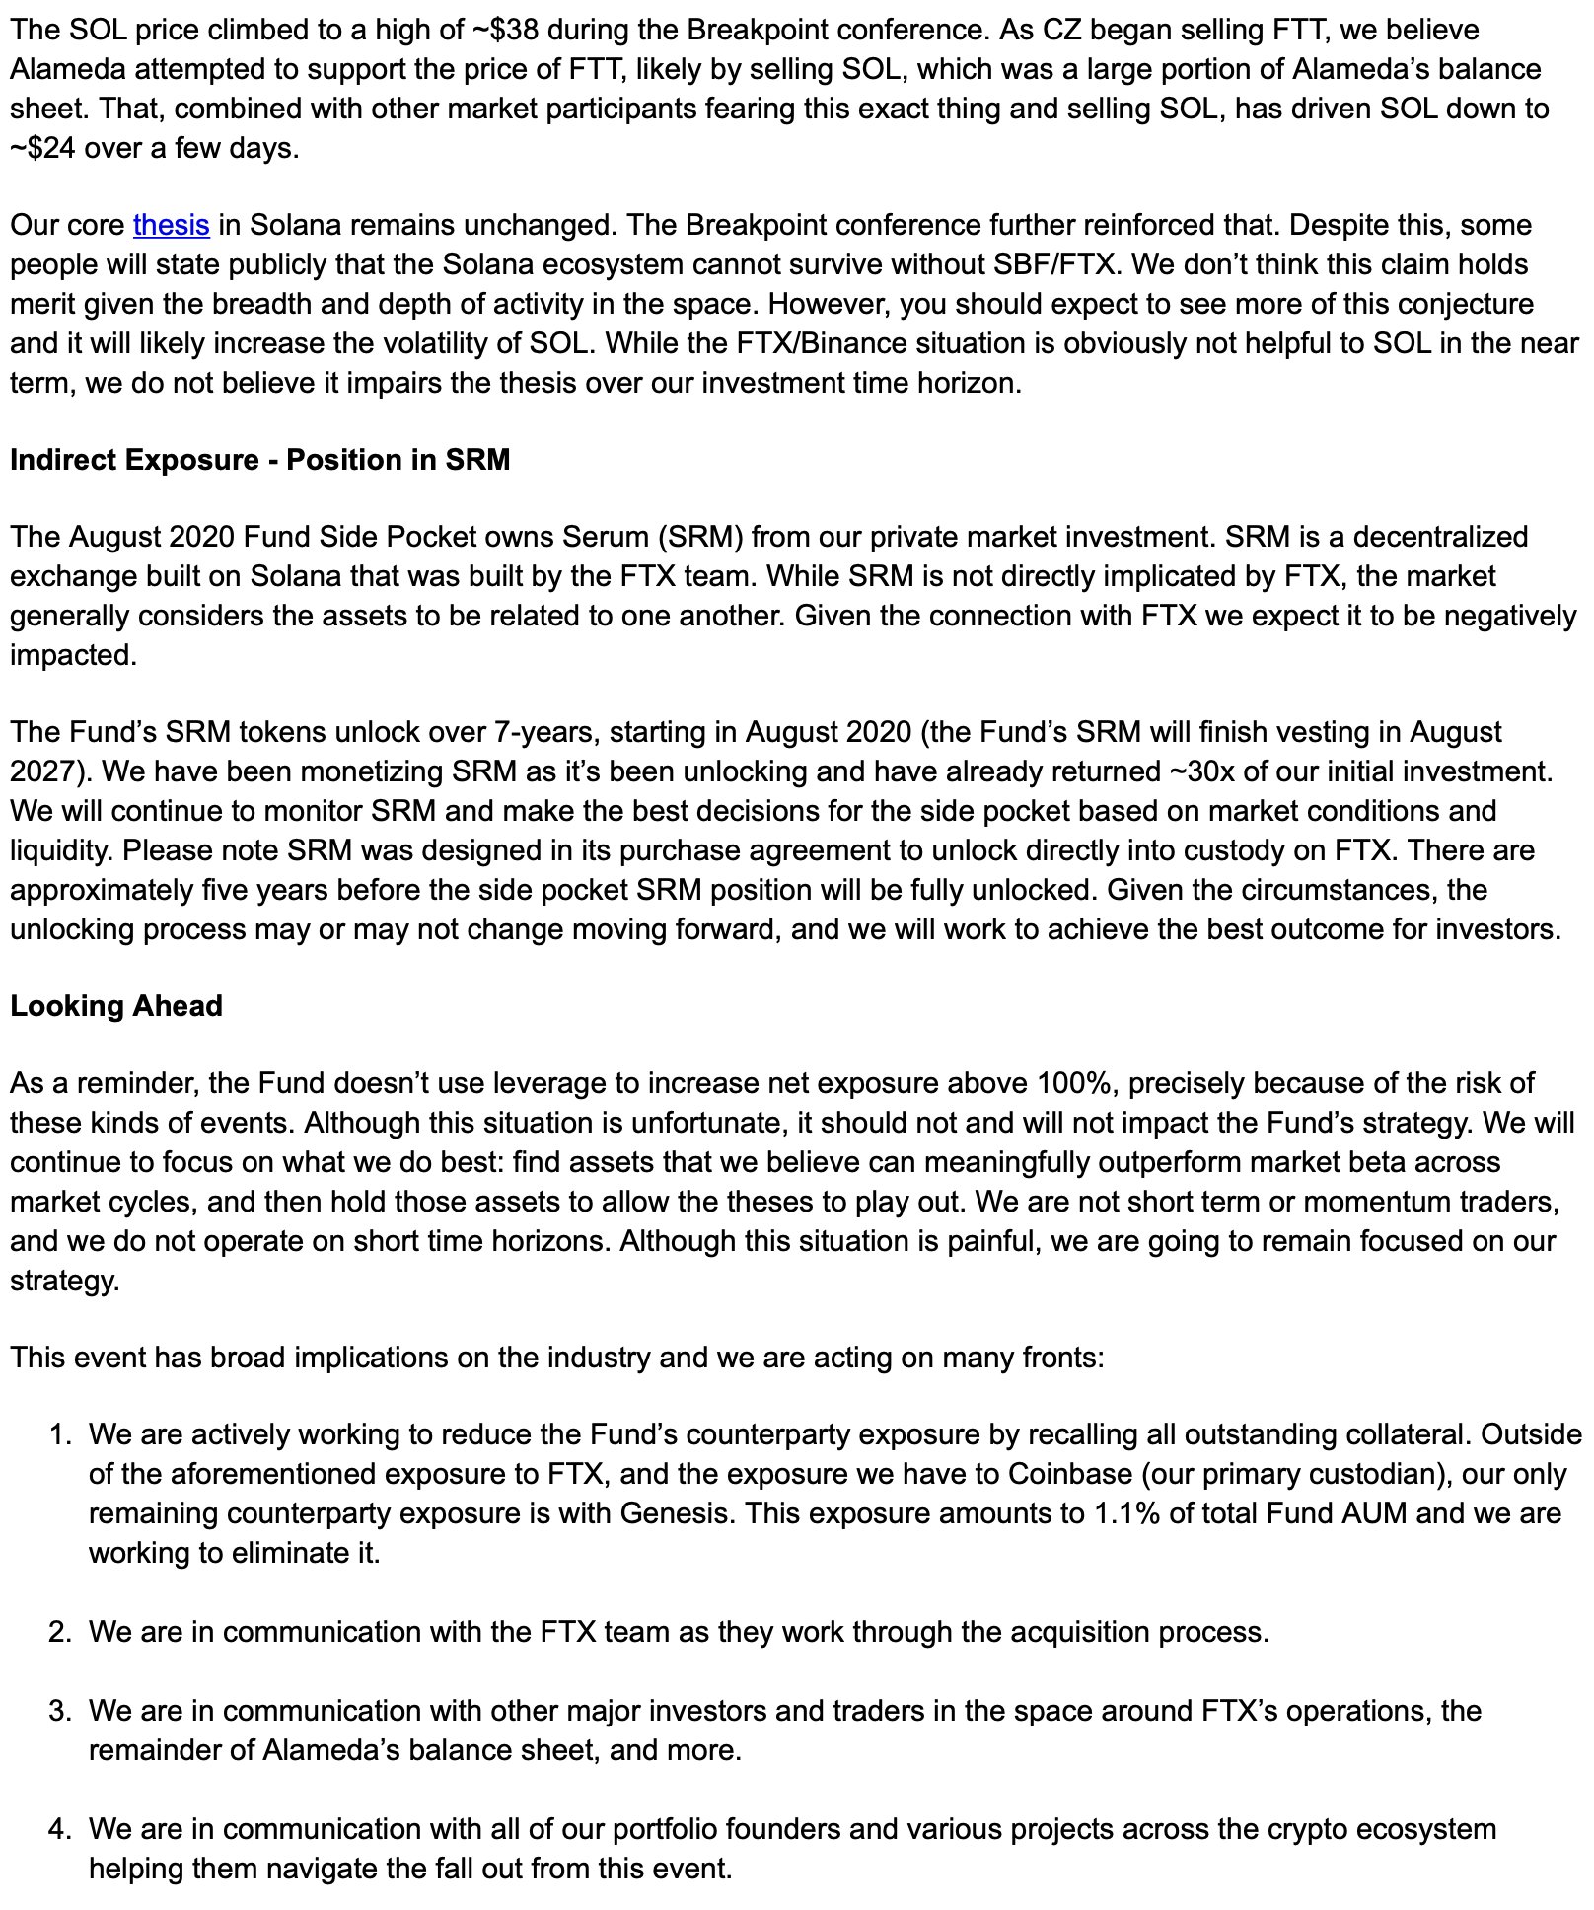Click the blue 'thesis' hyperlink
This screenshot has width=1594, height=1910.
click(171, 225)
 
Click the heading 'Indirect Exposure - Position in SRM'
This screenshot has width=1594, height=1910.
click(259, 460)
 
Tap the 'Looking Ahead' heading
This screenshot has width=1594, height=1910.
click(116, 1006)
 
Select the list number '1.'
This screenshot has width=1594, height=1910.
click(59, 1434)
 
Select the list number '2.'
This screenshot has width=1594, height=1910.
click(59, 1632)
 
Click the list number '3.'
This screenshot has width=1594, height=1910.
click(59, 1711)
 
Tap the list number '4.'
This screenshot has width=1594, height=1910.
click(59, 1829)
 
